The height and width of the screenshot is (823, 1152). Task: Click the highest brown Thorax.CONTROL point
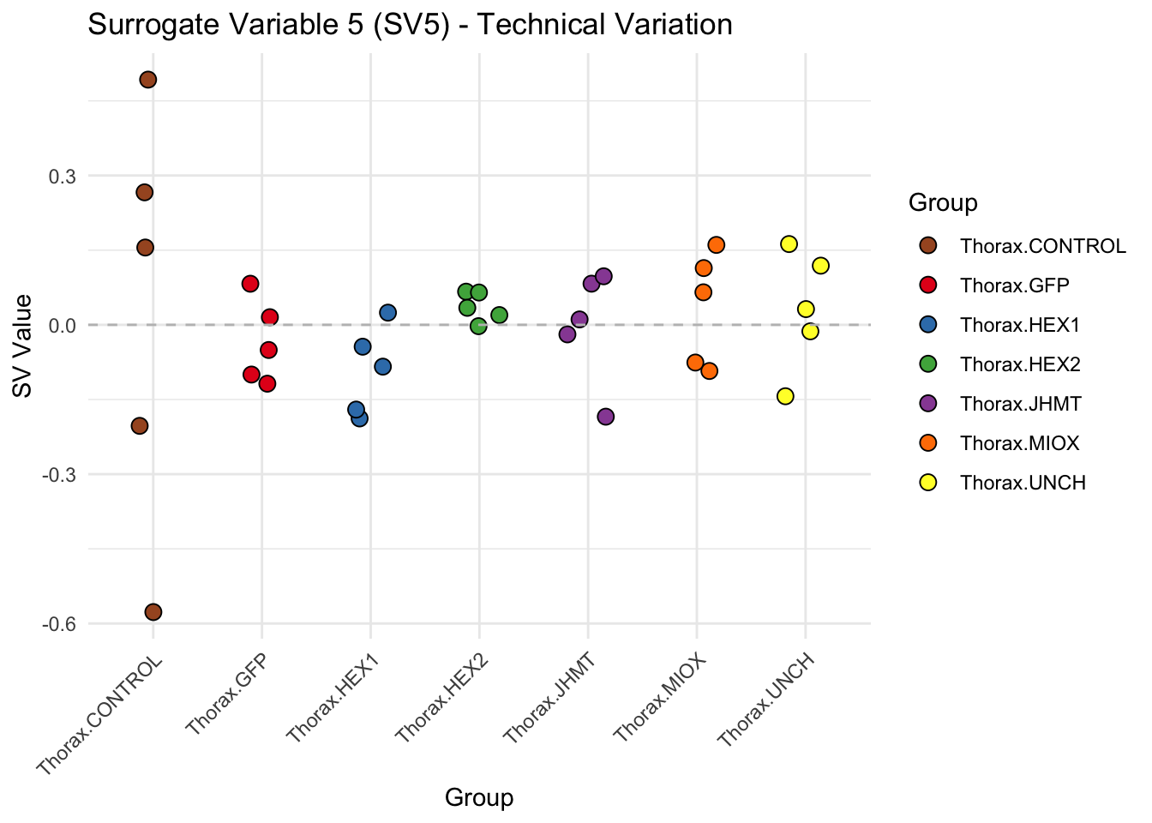[147, 80]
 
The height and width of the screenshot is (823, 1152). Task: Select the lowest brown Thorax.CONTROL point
[153, 611]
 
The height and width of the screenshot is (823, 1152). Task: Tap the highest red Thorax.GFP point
[250, 284]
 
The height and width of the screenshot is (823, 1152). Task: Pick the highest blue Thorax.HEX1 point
[387, 312]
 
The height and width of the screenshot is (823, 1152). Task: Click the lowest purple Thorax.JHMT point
[605, 417]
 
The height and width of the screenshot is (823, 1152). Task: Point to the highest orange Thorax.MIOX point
[717, 245]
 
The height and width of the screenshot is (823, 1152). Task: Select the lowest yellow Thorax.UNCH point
[785, 396]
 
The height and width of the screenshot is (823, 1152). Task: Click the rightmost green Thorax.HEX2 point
[500, 315]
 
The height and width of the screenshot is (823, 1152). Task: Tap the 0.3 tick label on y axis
[61, 176]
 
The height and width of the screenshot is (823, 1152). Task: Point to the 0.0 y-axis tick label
[61, 325]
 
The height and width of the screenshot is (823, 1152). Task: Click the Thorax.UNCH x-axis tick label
[766, 700]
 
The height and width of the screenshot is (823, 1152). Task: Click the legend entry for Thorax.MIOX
[1019, 443]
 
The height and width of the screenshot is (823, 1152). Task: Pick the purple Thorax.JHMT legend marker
[927, 404]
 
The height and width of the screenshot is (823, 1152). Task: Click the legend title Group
[943, 203]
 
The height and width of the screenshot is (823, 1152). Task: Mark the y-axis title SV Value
[23, 346]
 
